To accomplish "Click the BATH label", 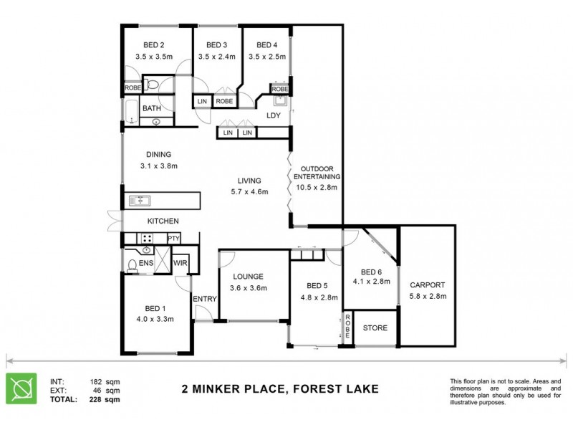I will pyautogui.click(x=151, y=108).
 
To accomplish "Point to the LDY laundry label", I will pyautogui.click(x=273, y=115).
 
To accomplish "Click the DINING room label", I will pyautogui.click(x=158, y=153).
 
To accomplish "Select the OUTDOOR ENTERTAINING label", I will pyautogui.click(x=315, y=172).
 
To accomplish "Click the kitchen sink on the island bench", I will pyautogui.click(x=138, y=201).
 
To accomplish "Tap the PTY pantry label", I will pyautogui.click(x=173, y=239).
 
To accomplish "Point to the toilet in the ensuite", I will pyautogui.click(x=133, y=267).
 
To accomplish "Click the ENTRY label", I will pyautogui.click(x=204, y=299).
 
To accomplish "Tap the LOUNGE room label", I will pyautogui.click(x=248, y=276).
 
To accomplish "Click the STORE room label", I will pyautogui.click(x=375, y=328).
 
